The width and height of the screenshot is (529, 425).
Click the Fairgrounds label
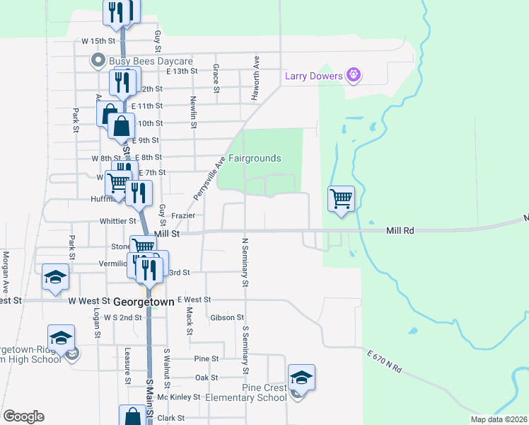(x=255, y=159)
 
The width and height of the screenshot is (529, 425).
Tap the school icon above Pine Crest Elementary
(x=301, y=378)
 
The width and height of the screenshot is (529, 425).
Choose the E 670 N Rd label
(x=385, y=361)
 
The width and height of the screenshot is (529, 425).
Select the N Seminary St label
(x=245, y=262)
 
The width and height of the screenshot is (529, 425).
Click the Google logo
(x=23, y=416)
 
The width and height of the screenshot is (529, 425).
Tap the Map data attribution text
(x=498, y=419)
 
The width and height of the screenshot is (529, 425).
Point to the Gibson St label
(x=227, y=317)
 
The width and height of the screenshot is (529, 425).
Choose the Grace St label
(x=215, y=78)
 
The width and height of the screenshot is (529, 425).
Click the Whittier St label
(x=117, y=221)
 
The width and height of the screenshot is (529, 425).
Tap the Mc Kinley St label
(x=179, y=397)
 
